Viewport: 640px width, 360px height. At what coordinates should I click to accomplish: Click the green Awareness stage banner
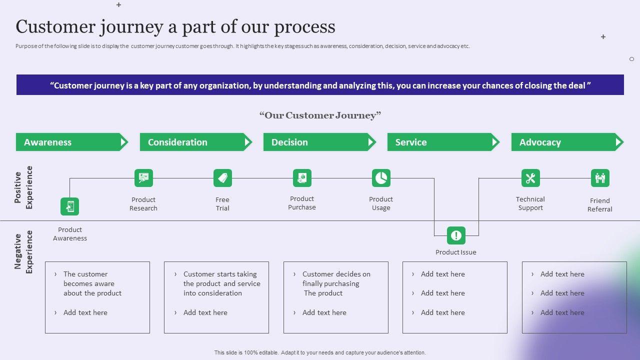coord(70,142)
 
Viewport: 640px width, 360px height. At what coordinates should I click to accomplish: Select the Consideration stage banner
coord(194,142)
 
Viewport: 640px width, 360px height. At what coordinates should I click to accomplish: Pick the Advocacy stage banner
coord(565,142)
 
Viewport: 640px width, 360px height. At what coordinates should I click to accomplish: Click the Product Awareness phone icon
coord(70,206)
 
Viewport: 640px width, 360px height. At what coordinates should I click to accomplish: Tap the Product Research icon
coord(143,178)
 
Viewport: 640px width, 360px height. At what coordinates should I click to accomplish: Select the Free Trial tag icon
coord(222,178)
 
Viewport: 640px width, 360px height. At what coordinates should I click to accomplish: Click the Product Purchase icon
coord(302,178)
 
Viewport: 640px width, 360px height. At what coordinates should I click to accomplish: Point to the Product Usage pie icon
coord(381,178)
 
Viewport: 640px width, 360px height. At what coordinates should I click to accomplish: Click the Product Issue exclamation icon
coord(456,235)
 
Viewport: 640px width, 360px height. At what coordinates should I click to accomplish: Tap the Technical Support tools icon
coord(530,178)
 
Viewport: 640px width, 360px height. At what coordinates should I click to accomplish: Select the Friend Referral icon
coord(600,178)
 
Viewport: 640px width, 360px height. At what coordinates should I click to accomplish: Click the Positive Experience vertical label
coord(23,187)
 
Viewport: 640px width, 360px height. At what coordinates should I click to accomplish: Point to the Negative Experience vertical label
coord(23,252)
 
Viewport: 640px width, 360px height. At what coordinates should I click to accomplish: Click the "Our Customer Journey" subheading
coord(320,115)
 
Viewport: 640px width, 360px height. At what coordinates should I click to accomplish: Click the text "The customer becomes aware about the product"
coord(92,283)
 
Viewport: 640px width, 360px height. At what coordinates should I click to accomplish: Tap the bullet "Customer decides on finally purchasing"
coord(336,279)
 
